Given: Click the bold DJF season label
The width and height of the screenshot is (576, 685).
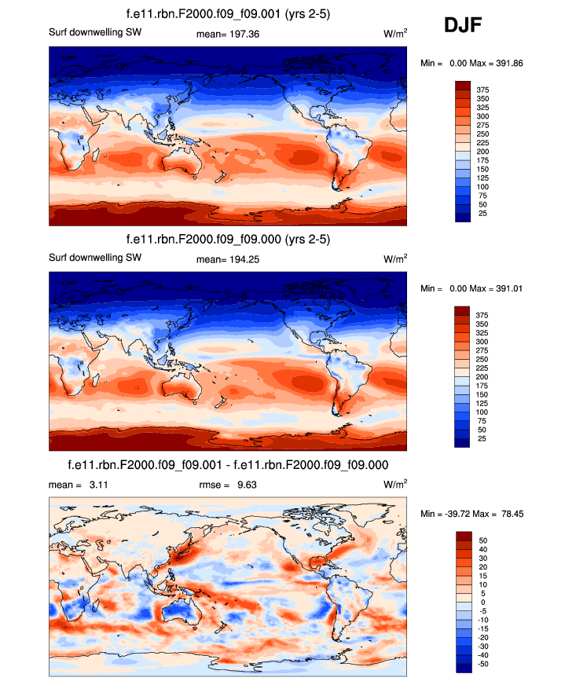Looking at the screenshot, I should pos(463,26).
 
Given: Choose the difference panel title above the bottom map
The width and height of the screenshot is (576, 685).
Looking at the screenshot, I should pos(228,463).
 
